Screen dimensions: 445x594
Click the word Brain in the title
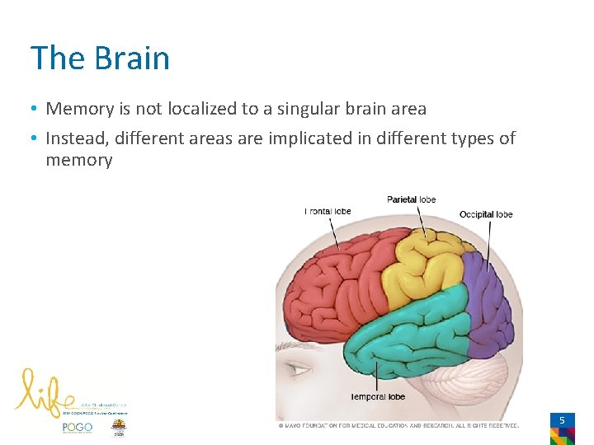pyautogui.click(x=132, y=59)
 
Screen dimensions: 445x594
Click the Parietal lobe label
pyautogui.click(x=411, y=199)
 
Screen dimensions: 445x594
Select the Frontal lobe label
pyautogui.click(x=328, y=211)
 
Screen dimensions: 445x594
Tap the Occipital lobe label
pyautogui.click(x=486, y=214)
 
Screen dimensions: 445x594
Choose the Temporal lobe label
pyautogui.click(x=378, y=396)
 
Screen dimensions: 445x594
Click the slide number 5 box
pyautogui.click(x=562, y=420)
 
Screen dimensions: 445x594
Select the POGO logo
pyautogui.click(x=78, y=428)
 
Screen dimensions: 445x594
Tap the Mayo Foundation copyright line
pyautogui.click(x=398, y=425)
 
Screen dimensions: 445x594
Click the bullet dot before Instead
pyautogui.click(x=35, y=138)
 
